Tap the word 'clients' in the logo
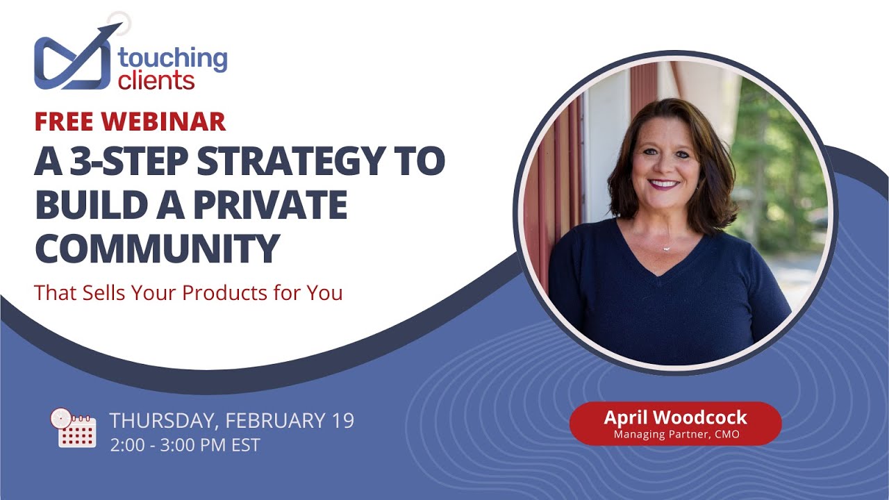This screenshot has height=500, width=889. (x=156, y=81)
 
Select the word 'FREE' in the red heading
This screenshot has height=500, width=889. (x=64, y=122)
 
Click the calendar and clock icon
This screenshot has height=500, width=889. (x=72, y=428)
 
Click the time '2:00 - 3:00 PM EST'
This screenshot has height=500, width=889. (x=185, y=445)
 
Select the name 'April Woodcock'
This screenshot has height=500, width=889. (x=675, y=417)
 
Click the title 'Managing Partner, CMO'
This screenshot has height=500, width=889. (x=675, y=435)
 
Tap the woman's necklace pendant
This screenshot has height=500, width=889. (x=665, y=248)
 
